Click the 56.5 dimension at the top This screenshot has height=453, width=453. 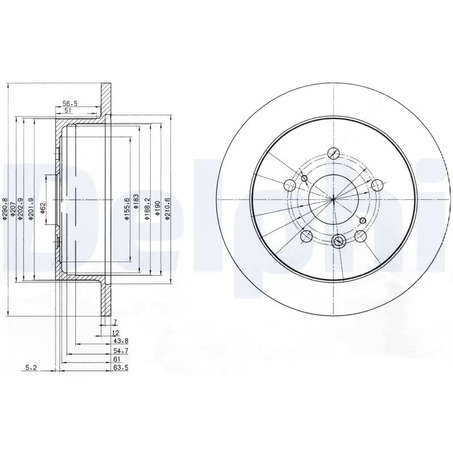coord(69,104)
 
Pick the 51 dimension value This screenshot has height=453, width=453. coord(68,112)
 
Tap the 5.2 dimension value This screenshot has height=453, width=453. coord(32,368)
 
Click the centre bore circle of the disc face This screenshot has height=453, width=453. coord(334,198)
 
